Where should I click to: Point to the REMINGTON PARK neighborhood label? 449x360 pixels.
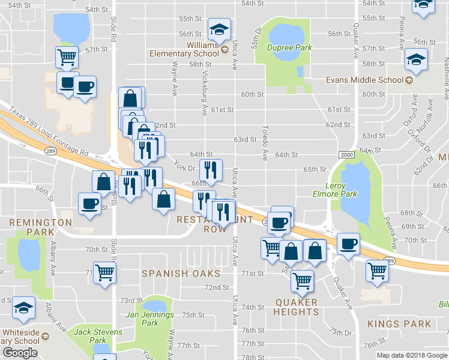coord(40,227)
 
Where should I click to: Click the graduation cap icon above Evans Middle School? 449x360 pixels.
coord(415,59)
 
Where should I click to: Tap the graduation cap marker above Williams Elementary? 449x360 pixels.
coord(219,28)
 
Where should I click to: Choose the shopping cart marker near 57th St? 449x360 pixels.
coord(67,58)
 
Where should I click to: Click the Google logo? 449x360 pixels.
coord(20,353)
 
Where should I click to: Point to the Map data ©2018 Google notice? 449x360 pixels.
coord(410,355)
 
